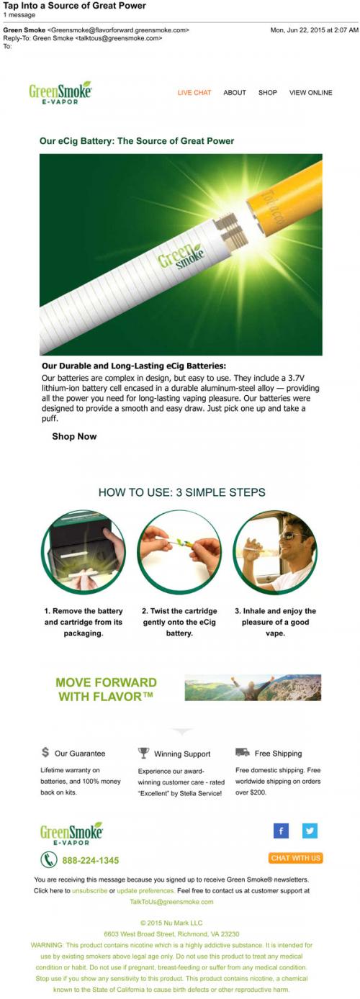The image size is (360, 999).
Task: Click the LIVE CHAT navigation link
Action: click(194, 93)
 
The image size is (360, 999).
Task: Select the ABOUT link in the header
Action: click(235, 93)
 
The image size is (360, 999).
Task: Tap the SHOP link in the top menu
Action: click(268, 93)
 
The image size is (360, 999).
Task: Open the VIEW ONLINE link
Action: click(310, 93)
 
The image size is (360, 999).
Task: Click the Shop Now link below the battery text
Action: click(74, 436)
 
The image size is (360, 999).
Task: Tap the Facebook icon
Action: click(281, 831)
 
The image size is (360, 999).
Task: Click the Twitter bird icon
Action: click(310, 831)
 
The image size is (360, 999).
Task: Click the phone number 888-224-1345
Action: click(91, 860)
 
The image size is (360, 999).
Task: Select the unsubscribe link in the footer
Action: click(90, 890)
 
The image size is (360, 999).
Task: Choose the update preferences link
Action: click(145, 890)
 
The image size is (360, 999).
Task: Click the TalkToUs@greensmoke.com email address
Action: click(172, 902)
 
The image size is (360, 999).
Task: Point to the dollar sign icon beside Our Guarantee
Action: click(45, 752)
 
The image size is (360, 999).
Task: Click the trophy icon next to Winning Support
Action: click(143, 753)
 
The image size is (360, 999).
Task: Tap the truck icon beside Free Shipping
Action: click(242, 752)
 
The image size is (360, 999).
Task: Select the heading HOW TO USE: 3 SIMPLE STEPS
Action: click(182, 492)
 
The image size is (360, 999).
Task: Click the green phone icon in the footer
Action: click(49, 859)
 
